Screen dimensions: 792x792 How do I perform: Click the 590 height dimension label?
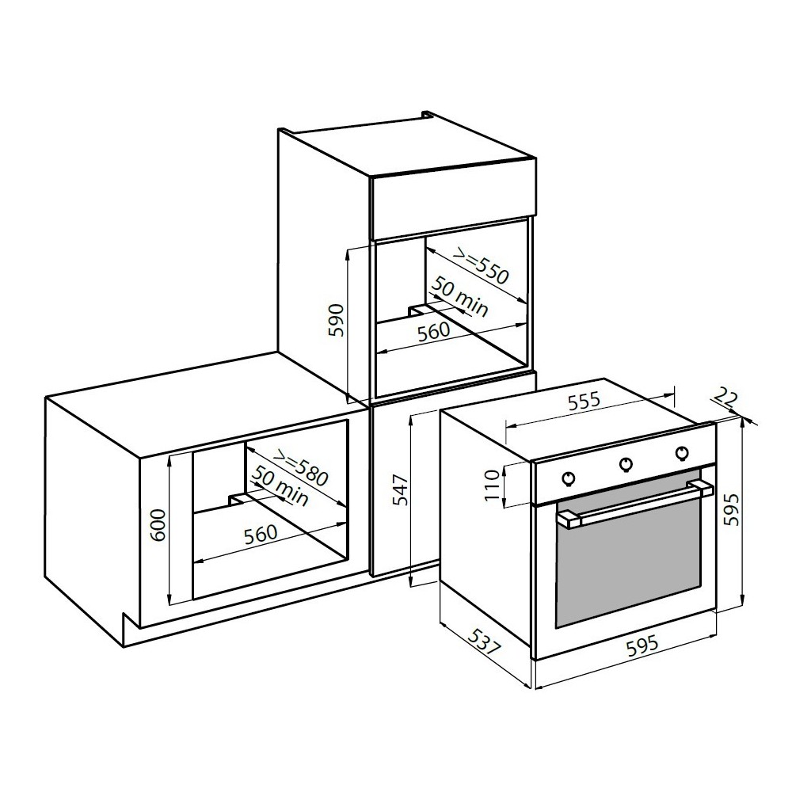point(336,321)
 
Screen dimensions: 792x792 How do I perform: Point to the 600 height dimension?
point(158,523)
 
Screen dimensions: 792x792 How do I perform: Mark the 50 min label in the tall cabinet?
point(460,299)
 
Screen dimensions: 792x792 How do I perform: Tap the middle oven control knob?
point(626,464)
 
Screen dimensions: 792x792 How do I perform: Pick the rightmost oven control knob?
point(681,452)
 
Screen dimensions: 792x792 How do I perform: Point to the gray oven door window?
point(630,562)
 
